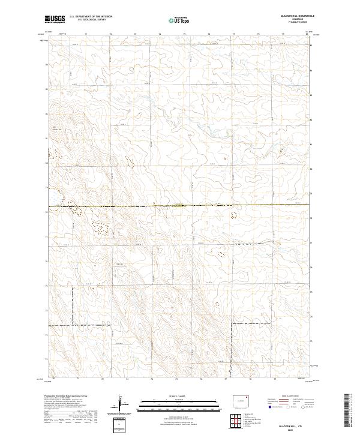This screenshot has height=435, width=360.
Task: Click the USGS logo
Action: click(55, 20)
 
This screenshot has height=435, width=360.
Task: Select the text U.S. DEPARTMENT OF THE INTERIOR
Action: click(91, 17)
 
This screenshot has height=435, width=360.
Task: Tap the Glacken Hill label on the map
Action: click(57, 129)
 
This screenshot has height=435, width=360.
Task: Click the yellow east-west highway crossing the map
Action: click(180, 206)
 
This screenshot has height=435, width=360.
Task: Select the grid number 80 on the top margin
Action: click(307, 35)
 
